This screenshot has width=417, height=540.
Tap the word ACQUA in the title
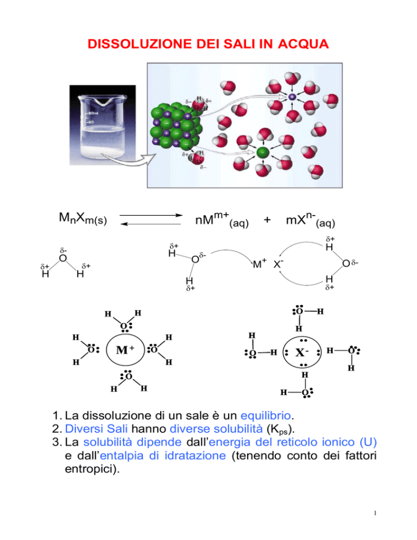coord(304,44)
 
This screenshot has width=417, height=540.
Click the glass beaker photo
coord(103,125)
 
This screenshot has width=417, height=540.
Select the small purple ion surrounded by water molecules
coord(292,97)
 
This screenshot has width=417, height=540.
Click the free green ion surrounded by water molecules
coord(263,152)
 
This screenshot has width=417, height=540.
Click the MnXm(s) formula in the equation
coord(83,218)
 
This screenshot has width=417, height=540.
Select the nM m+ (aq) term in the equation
coord(222,219)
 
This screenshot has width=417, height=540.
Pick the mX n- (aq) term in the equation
coord(310,219)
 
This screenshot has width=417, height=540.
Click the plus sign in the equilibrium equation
coord(267,219)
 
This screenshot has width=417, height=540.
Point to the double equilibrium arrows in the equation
coord(151,219)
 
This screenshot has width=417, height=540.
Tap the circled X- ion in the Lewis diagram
coord(302,352)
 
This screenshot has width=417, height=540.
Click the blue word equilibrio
coord(266,416)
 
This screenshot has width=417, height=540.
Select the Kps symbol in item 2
coord(280,430)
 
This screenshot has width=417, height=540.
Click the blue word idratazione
coord(195,456)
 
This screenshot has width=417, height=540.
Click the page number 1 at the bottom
coord(375,513)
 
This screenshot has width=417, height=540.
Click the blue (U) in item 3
coord(368,442)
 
